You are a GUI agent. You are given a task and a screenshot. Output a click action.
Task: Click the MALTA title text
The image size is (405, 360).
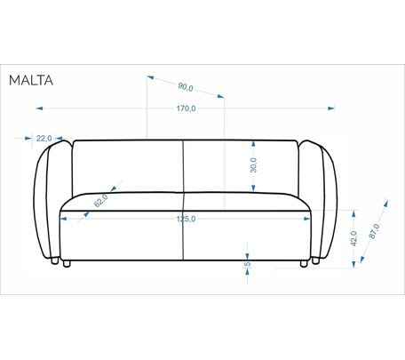(31, 80)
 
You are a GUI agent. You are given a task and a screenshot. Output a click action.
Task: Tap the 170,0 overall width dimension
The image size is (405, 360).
(187, 108)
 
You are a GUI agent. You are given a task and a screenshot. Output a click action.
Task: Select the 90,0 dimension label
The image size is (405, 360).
(186, 87)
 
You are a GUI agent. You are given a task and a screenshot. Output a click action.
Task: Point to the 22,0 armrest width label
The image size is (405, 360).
(44, 138)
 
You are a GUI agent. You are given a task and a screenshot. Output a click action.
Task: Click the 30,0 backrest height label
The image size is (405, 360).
(254, 165)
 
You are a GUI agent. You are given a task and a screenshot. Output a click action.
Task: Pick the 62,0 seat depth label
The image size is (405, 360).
(101, 201)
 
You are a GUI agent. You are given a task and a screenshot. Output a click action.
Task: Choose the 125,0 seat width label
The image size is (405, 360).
(187, 219)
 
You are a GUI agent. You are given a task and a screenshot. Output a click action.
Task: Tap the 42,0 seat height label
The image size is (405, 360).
(353, 238)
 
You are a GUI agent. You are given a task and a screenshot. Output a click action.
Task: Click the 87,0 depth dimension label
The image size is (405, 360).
(374, 231)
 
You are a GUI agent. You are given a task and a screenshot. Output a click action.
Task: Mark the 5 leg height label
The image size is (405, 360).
(248, 263)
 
